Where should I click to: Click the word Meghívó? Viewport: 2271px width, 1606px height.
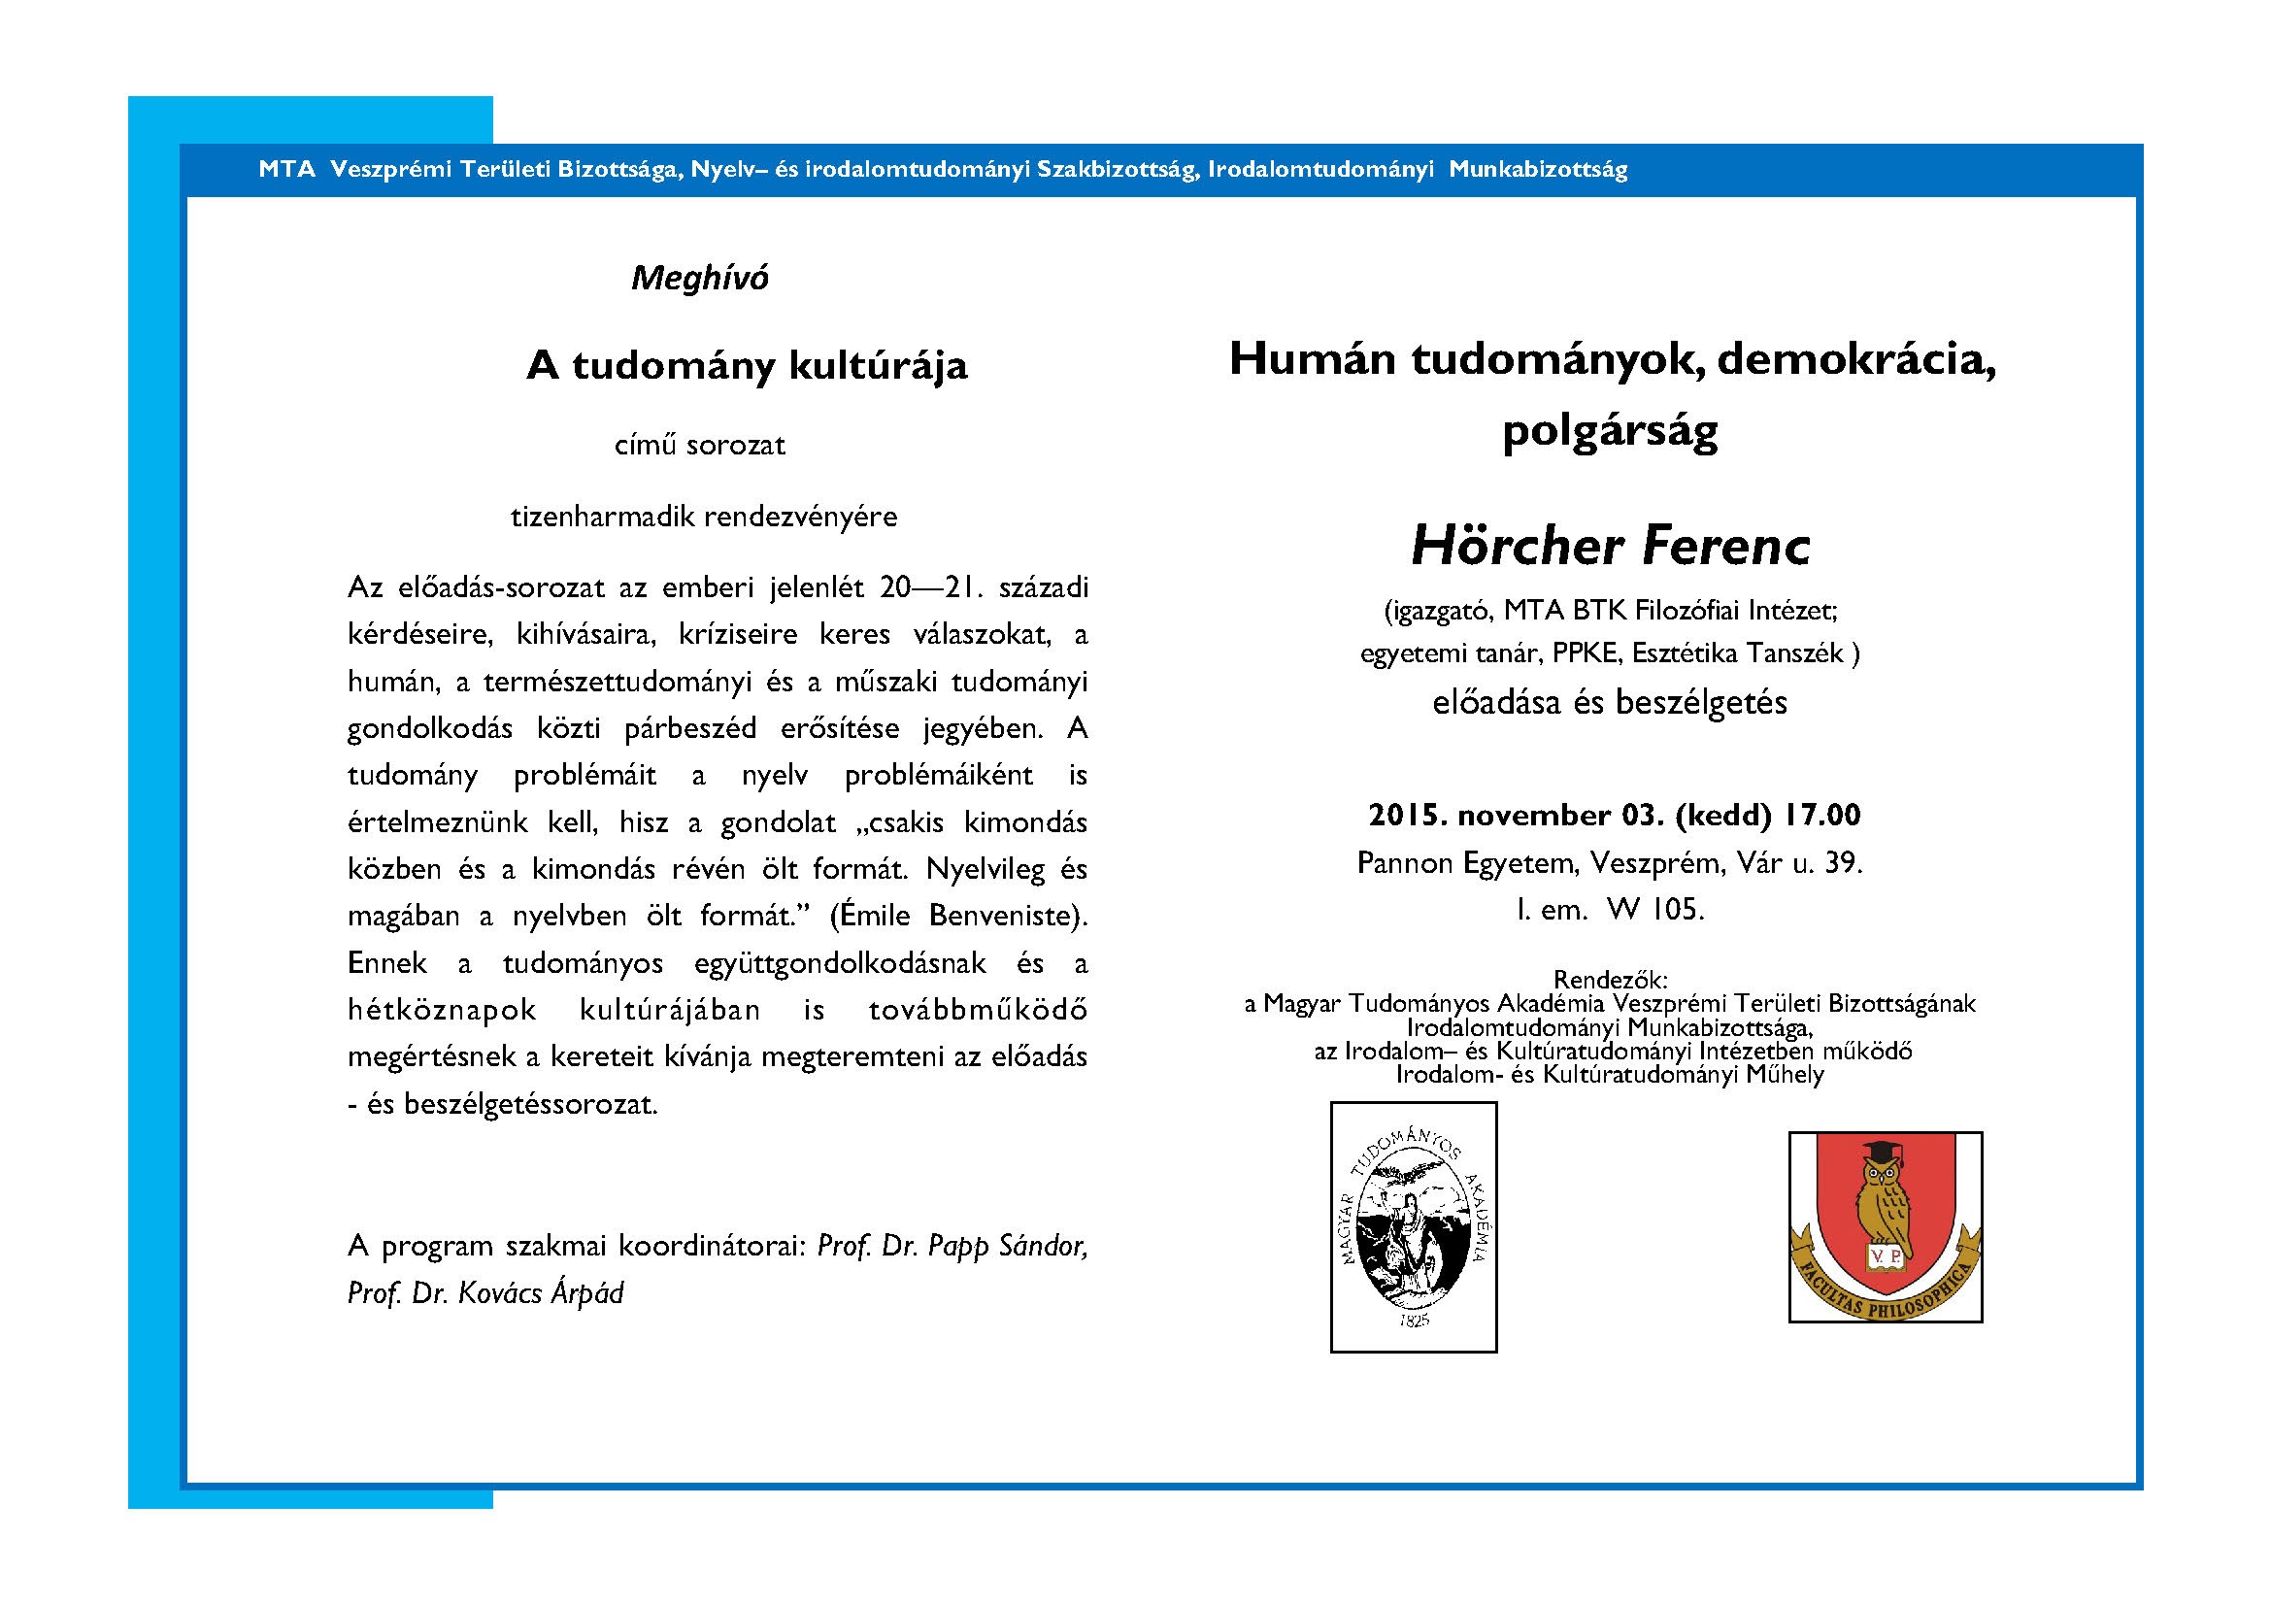coord(699,279)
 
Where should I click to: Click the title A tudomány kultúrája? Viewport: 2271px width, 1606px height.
coord(747,366)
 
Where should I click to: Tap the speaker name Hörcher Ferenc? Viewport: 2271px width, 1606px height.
coord(1609,547)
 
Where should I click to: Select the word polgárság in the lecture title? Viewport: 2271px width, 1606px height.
coord(1609,431)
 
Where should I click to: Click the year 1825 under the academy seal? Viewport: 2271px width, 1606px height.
coord(1415,1321)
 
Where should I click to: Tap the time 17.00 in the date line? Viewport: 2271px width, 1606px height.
coord(1823,815)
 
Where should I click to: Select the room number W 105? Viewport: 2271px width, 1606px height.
coord(1654,910)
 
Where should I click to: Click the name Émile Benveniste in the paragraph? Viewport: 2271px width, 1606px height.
coord(957,917)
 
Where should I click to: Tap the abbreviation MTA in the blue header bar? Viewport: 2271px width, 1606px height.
coord(285,170)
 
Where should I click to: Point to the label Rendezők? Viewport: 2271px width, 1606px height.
coord(1610,980)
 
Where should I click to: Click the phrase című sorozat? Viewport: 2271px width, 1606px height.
coord(699,445)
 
